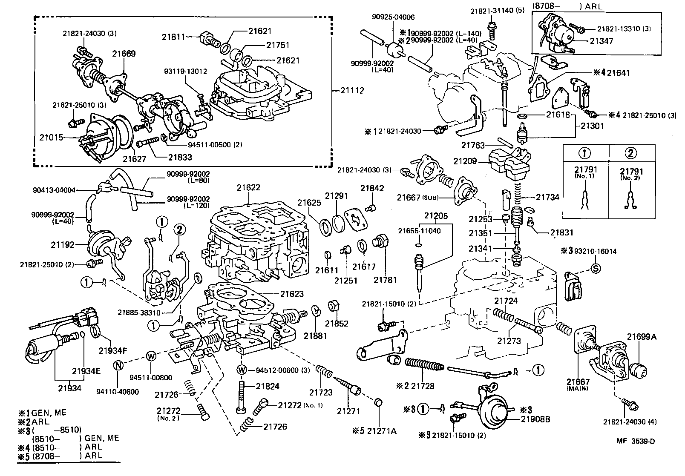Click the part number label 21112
[x=353, y=90]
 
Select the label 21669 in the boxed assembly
[x=124, y=54]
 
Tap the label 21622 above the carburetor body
[x=249, y=188]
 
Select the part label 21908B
[x=535, y=419]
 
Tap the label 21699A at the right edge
[x=642, y=337]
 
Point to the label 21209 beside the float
[x=465, y=161]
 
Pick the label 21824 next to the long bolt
[x=268, y=387]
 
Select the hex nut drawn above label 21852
[x=334, y=306]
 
